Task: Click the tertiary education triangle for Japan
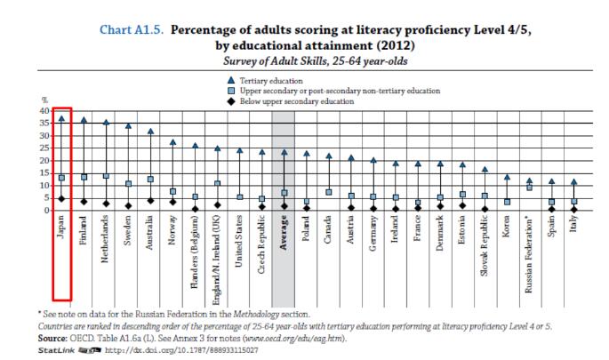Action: point(61,117)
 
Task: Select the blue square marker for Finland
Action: point(84,178)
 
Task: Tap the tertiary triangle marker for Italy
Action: point(573,182)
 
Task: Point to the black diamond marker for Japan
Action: point(61,198)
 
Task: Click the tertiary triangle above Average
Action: point(284,151)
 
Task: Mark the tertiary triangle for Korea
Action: point(506,177)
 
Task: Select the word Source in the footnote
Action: point(53,339)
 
